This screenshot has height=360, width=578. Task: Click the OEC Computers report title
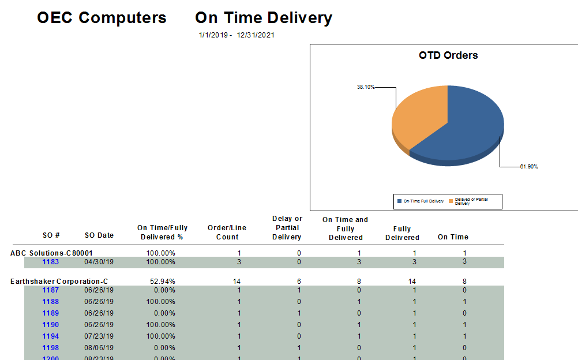point(102,18)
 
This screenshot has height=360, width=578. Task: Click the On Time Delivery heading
point(264,18)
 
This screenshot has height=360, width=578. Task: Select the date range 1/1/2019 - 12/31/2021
point(237,35)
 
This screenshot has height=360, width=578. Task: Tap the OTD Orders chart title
point(448,55)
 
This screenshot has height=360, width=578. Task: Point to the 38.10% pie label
point(366,87)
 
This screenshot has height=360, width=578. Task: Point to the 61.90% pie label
point(529,167)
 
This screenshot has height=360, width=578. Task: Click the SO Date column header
point(99,235)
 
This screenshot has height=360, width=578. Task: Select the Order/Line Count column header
point(227,232)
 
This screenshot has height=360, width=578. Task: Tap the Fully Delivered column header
point(402,233)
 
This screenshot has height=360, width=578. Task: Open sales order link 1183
point(51,262)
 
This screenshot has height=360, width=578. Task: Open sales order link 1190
point(51,325)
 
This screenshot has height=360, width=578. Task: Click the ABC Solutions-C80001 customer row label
point(52,253)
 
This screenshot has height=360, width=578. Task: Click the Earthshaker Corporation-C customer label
point(59,282)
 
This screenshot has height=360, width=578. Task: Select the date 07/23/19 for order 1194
point(99,336)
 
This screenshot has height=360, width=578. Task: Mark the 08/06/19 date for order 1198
point(99,348)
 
